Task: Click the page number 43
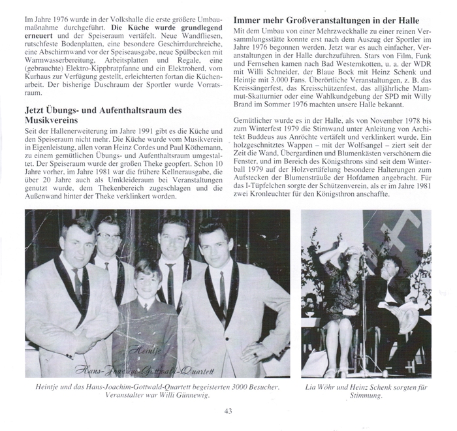228,410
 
